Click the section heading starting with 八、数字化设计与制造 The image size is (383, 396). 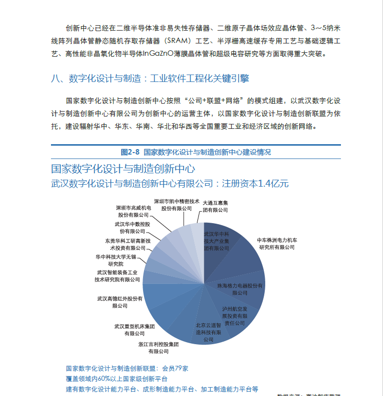point(150,79)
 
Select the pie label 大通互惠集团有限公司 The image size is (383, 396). point(215,206)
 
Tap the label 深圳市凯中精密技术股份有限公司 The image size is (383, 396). point(177,205)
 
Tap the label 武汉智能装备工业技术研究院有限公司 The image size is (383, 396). point(118,276)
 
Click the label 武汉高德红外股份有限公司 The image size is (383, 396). point(120,302)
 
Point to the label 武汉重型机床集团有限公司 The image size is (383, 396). point(134,330)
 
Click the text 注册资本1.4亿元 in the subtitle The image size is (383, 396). point(255,184)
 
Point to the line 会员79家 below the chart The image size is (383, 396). point(175,368)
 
